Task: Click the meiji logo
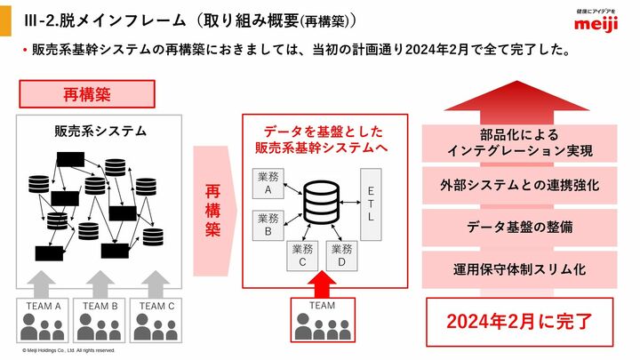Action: [x=596, y=21]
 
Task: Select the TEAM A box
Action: [x=42, y=320]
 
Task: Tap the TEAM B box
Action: [x=100, y=320]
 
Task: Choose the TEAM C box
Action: [x=156, y=320]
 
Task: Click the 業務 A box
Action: [x=268, y=184]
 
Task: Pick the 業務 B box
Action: [x=268, y=225]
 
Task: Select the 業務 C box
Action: [x=302, y=256]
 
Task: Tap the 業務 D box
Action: [x=341, y=256]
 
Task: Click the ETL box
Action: [x=371, y=204]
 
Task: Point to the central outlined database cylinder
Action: [x=322, y=203]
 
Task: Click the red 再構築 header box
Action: [x=87, y=94]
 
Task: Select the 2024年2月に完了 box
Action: [x=520, y=322]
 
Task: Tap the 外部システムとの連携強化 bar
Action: [x=520, y=185]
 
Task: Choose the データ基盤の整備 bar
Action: [x=520, y=228]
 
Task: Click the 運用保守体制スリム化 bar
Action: [x=520, y=270]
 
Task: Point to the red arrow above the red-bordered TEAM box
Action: [x=322, y=284]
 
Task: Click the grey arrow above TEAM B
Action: [x=100, y=284]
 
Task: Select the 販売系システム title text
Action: [x=100, y=132]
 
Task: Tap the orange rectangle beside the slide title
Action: [x=5, y=18]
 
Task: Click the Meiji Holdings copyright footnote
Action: [x=68, y=350]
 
